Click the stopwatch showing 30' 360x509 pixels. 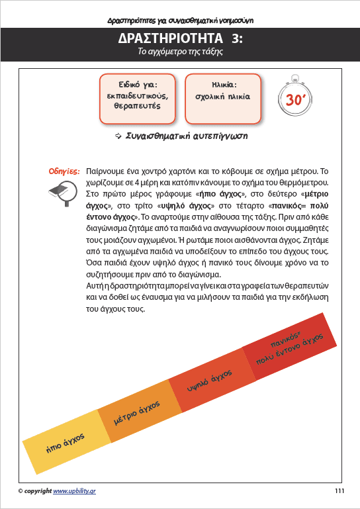tap(295, 99)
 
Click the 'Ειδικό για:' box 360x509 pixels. tap(138, 97)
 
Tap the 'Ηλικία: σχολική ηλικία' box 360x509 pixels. tap(223, 97)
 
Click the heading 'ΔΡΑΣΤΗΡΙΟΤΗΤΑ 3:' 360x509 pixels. tap(179, 39)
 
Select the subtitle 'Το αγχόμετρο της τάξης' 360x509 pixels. tap(179, 54)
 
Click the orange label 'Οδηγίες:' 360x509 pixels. tap(64, 171)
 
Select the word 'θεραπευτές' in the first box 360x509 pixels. tap(138, 106)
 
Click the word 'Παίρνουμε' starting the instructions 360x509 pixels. tap(107, 170)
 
